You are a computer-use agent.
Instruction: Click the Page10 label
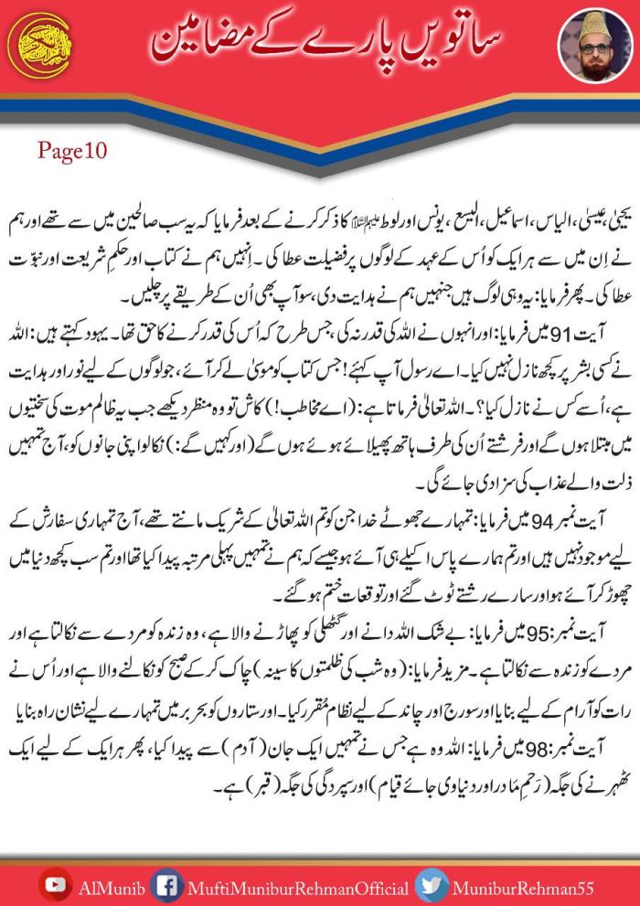pos(73,152)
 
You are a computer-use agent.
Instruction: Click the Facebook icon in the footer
pos(165,884)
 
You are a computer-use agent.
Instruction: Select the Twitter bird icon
pos(430,884)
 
